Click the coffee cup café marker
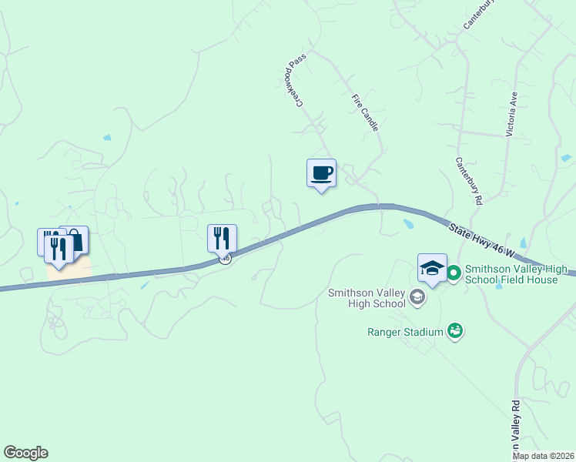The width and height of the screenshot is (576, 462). tap(321, 173)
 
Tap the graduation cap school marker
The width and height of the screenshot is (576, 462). tap(432, 268)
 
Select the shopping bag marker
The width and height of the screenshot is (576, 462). tap(76, 239)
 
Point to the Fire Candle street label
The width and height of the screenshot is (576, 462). tap(366, 112)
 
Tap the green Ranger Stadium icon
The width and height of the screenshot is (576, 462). tap(456, 331)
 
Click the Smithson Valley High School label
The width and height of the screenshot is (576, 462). tap(367, 298)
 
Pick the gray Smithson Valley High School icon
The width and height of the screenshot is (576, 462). tap(417, 297)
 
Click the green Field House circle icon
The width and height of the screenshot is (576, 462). tap(454, 272)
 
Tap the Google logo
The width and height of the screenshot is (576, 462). tap(25, 453)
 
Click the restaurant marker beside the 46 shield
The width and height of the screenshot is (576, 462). tap(222, 237)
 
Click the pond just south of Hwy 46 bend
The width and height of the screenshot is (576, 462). tap(408, 225)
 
